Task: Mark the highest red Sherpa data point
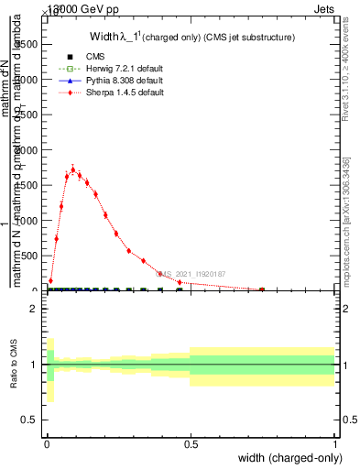coord(73,169)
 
